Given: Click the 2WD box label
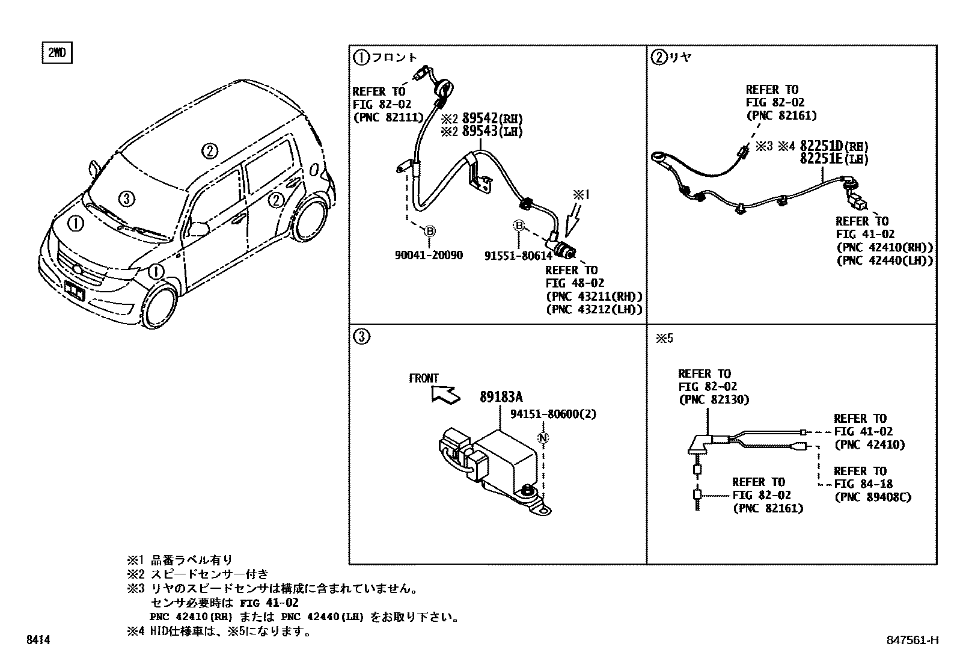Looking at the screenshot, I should (57, 54).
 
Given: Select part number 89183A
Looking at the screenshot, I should (501, 397).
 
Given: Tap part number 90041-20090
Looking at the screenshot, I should (429, 256).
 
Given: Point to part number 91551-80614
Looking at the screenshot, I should (518, 256).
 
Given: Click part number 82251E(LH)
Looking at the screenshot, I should (834, 159).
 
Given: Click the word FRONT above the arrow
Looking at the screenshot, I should (424, 378).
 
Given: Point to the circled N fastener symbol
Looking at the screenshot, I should (543, 438).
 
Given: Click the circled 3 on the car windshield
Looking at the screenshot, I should (125, 198).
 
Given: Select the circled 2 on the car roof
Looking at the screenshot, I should (209, 151).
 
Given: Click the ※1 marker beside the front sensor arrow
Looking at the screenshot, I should (581, 195).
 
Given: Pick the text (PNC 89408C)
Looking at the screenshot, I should (872, 497).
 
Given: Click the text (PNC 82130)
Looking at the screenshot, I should (714, 399).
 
